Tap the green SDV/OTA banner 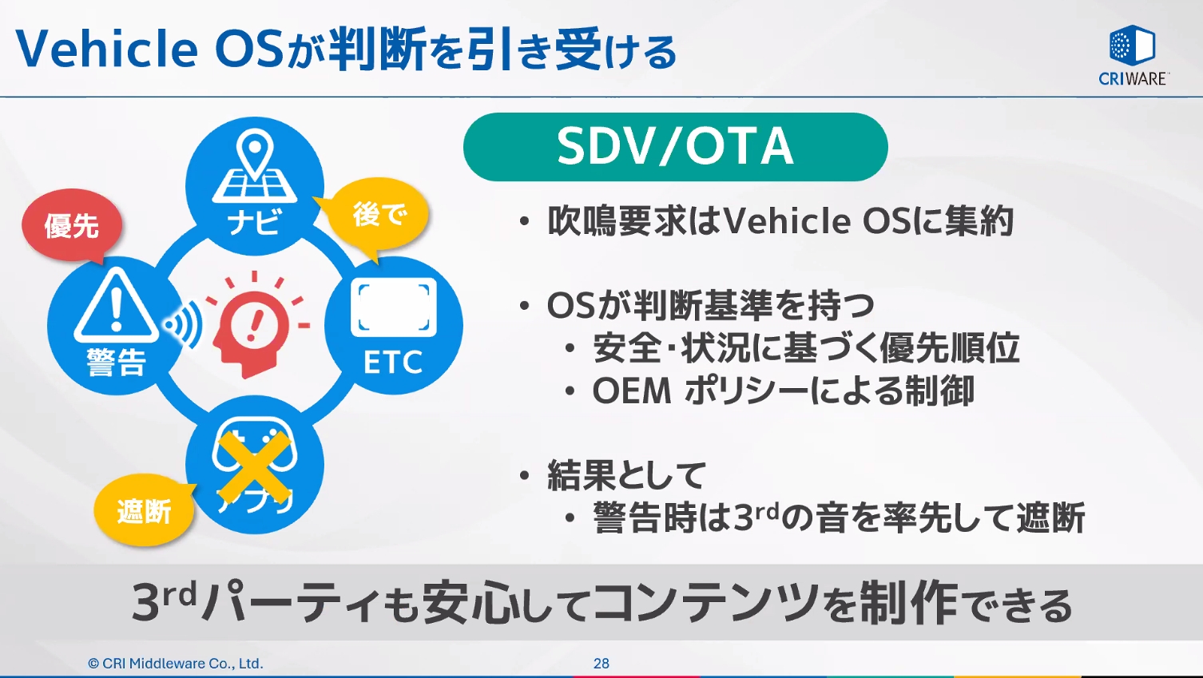[675, 147]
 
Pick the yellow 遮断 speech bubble [144, 510]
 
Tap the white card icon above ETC [393, 307]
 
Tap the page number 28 [601, 664]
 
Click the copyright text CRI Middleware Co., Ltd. [176, 664]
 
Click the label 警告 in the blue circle [117, 363]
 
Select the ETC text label [393, 363]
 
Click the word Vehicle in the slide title [107, 50]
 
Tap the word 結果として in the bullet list [627, 476]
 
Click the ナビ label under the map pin [255, 221]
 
